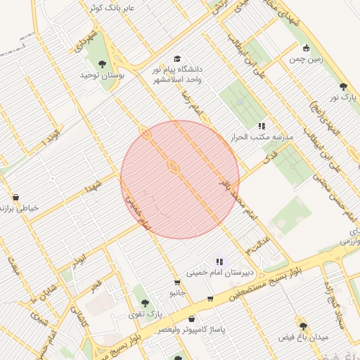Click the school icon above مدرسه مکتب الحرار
242,125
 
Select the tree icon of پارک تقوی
146,302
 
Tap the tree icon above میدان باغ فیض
304,326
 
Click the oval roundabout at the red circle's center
172,167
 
